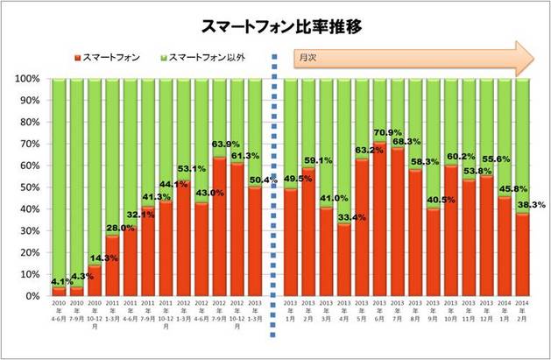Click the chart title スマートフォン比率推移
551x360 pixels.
(x=275, y=26)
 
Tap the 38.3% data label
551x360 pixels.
(x=532, y=205)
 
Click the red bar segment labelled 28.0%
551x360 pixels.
(x=112, y=267)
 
